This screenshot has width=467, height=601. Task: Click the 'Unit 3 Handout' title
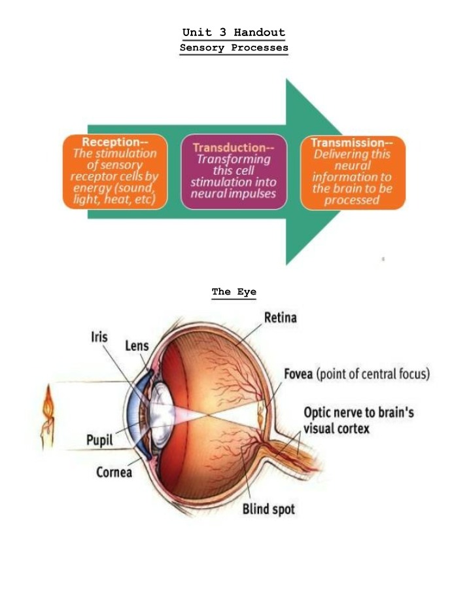(233, 32)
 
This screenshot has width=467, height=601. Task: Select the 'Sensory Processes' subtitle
(234, 48)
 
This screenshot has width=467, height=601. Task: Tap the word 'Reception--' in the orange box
(115, 142)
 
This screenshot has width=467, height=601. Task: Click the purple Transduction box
(234, 172)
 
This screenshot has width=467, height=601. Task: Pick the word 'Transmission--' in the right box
(352, 143)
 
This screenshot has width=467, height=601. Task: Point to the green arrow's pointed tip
(341, 172)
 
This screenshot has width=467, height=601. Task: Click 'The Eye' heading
(234, 292)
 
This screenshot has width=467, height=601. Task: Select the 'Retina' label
(280, 318)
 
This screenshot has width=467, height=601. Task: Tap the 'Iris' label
(99, 337)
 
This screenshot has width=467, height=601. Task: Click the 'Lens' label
(137, 346)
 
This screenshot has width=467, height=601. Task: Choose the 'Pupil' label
(99, 440)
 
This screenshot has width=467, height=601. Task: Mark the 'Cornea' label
(114, 472)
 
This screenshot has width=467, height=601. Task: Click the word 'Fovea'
(298, 373)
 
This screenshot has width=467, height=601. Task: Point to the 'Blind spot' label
(269, 509)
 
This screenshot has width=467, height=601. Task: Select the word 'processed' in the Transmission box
(352, 200)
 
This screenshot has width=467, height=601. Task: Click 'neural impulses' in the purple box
(233, 194)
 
